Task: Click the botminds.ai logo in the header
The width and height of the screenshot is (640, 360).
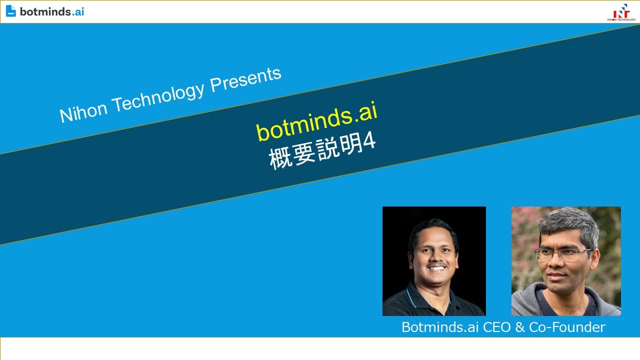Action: pyautogui.click(x=45, y=11)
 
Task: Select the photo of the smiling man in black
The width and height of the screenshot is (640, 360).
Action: pyautogui.click(x=434, y=261)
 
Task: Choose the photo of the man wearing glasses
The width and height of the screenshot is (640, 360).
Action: pyautogui.click(x=566, y=261)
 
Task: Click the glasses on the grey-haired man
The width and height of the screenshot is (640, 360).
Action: pyautogui.click(x=562, y=254)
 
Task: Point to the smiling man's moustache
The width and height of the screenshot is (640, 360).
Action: pyautogui.click(x=437, y=264)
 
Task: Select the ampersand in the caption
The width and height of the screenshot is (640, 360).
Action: pyautogui.click(x=520, y=327)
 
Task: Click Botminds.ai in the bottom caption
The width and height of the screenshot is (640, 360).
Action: pyautogui.click(x=440, y=327)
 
